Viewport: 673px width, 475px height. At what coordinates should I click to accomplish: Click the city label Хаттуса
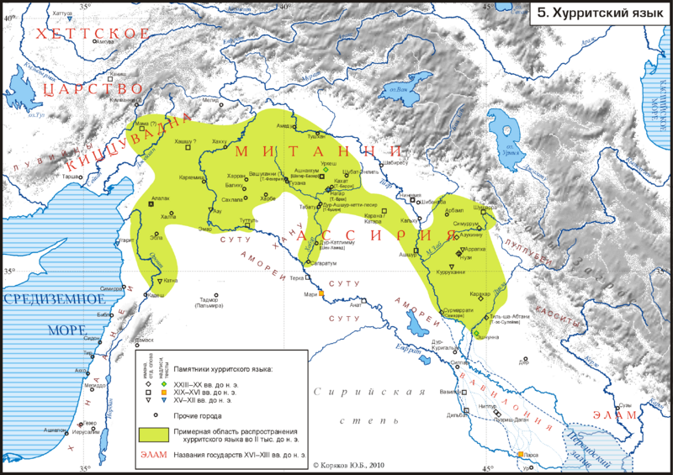pos(61,13)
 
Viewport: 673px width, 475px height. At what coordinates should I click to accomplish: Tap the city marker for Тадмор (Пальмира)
pos(215,296)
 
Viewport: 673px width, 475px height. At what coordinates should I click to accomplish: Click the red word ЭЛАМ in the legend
pos(153,457)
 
